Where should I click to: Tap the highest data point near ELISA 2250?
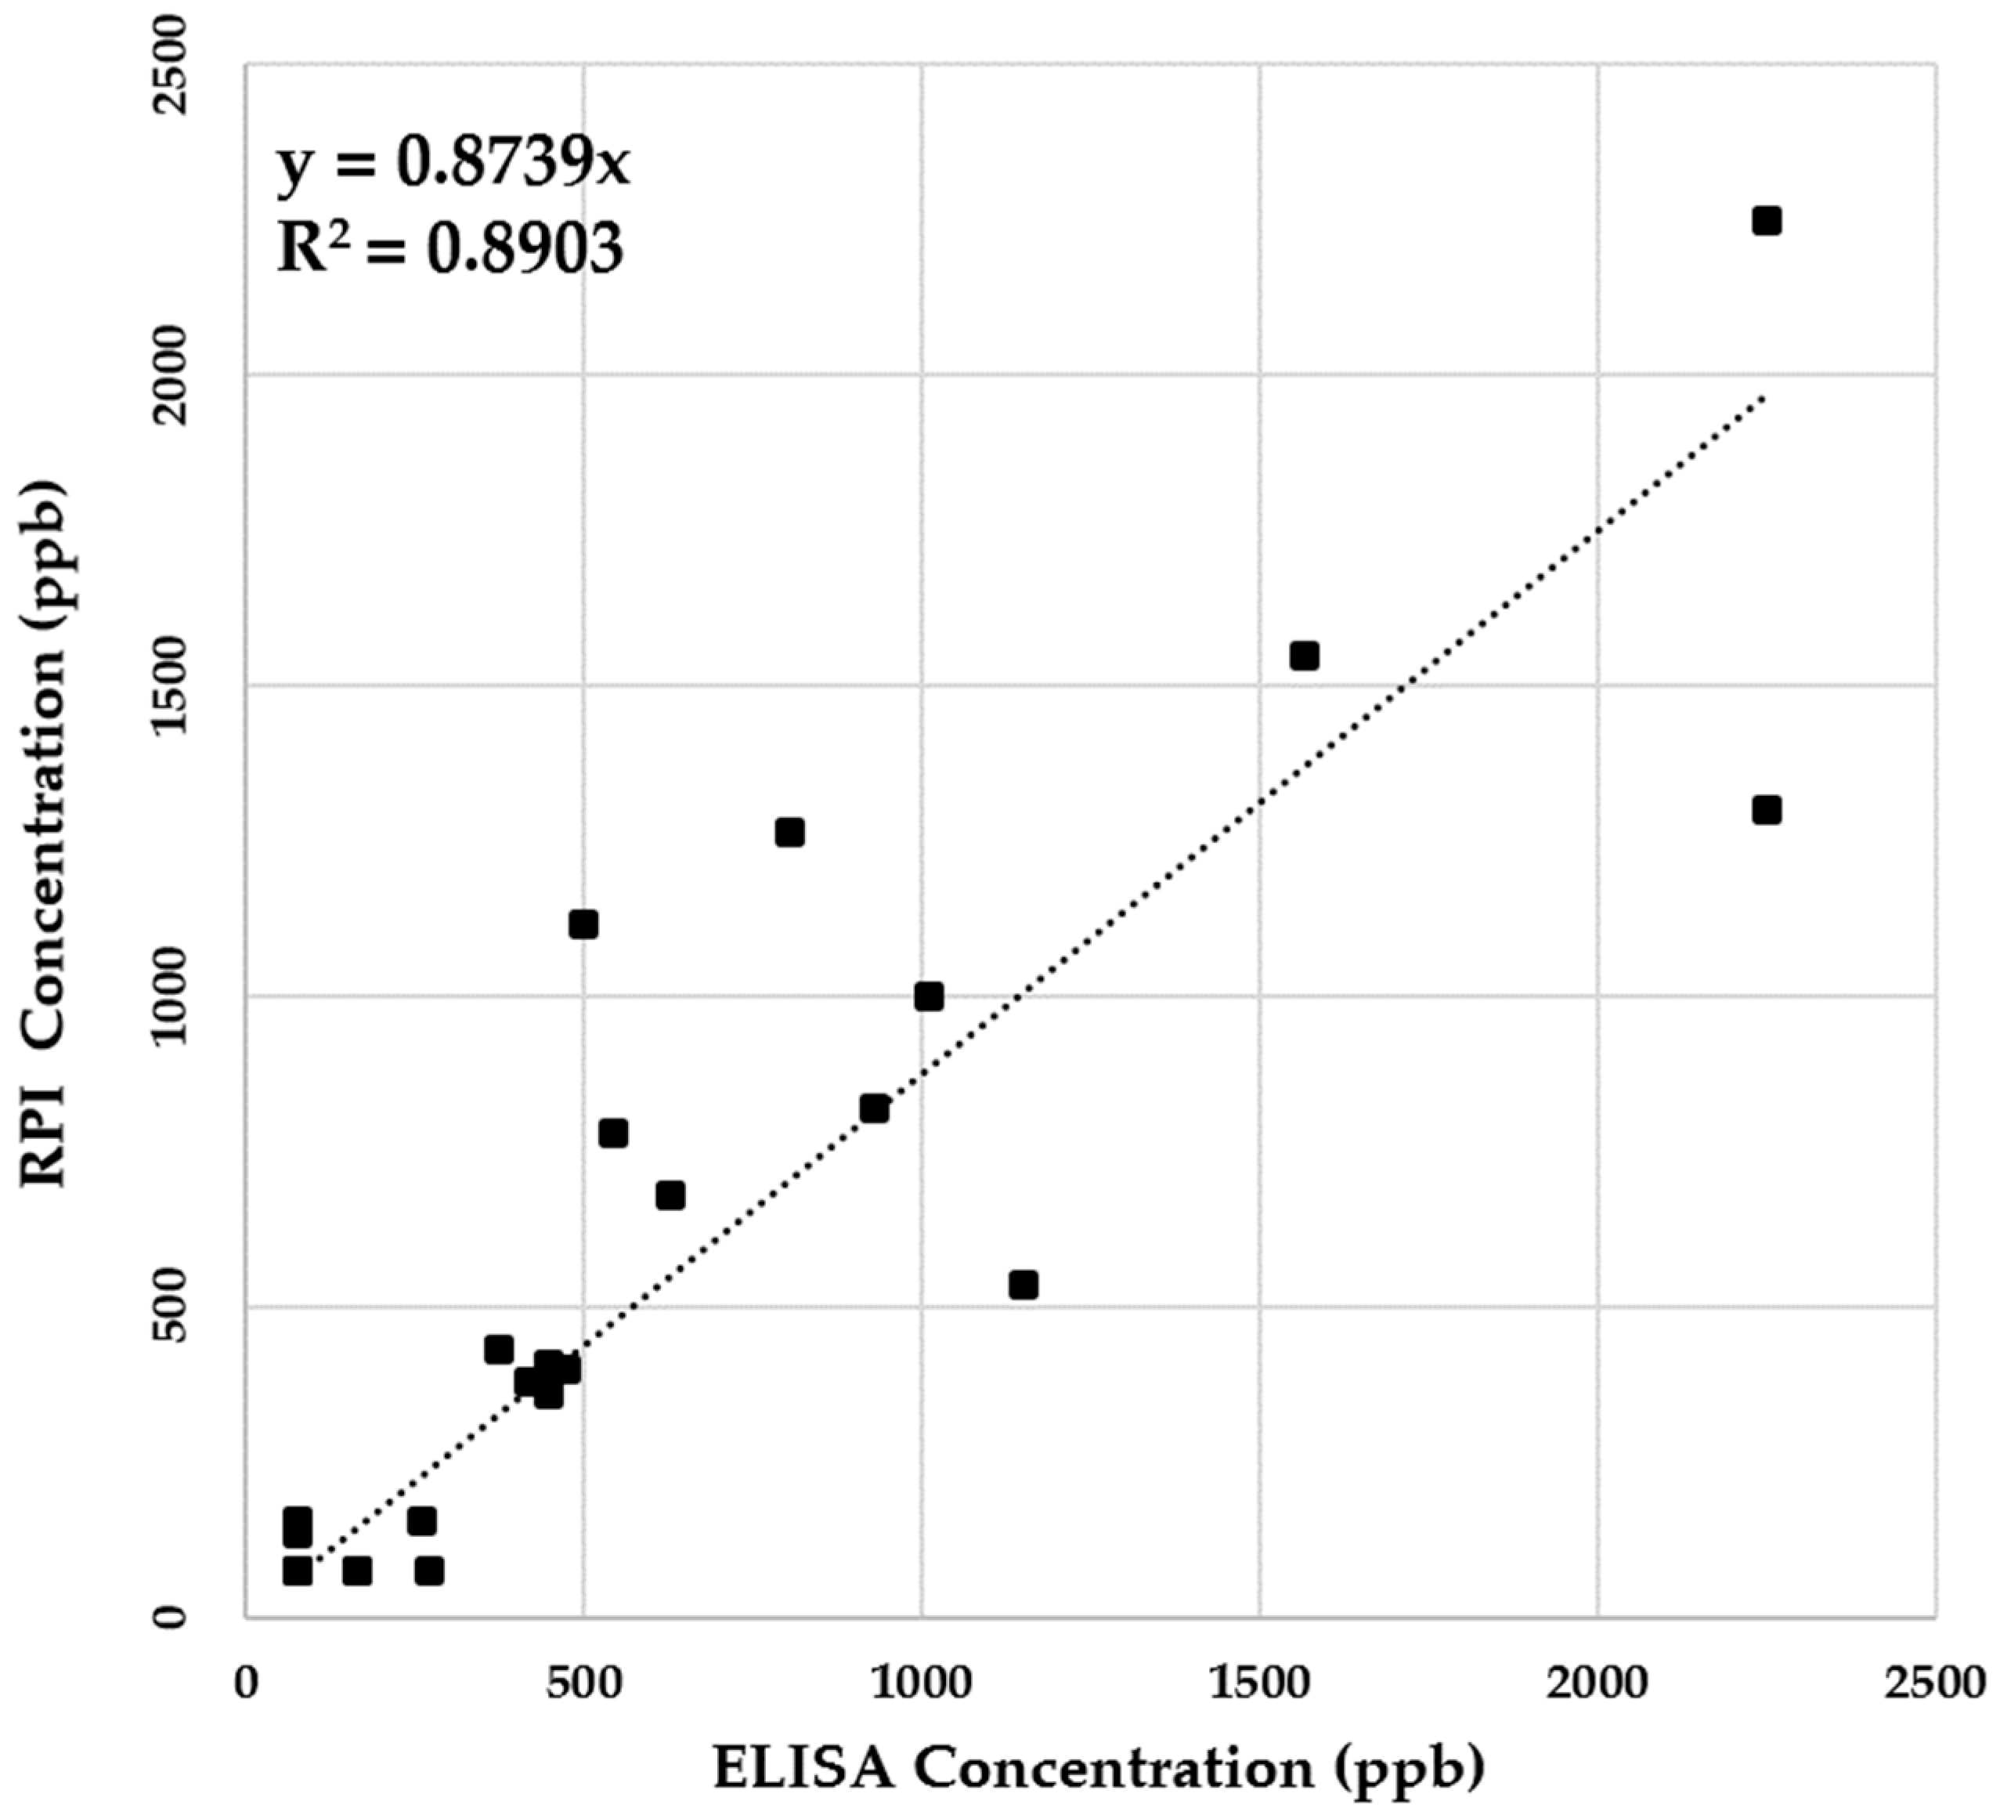coord(1766,220)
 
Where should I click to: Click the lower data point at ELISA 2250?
coord(1766,811)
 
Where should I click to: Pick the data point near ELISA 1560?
coord(1304,656)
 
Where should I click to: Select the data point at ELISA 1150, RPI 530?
coord(1023,1285)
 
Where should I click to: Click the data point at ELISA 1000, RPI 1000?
coord(929,996)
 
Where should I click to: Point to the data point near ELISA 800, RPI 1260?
coord(789,832)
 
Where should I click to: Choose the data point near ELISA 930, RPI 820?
coord(874,1108)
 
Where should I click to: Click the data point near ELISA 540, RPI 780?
coord(613,1133)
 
